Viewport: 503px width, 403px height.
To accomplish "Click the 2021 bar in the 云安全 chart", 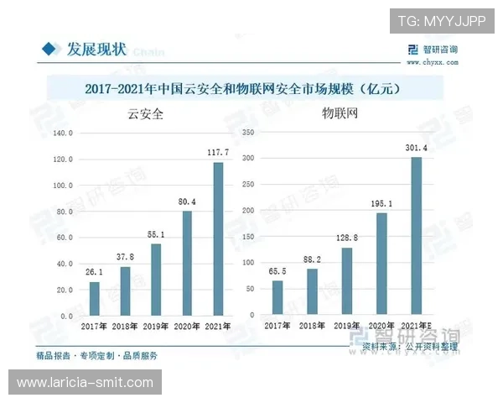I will (218, 239).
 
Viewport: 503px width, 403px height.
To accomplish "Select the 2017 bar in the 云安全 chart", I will (94, 298).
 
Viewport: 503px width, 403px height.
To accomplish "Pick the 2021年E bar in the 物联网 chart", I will (416, 236).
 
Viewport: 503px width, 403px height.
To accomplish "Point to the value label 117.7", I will (218, 152).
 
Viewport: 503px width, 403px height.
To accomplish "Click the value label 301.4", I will (416, 148).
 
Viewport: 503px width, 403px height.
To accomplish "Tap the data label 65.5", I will (277, 271).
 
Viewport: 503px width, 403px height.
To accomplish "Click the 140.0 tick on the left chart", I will (63, 133).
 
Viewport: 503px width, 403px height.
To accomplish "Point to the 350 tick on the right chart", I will (246, 133).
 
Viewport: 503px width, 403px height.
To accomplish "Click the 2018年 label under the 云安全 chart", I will (125, 325).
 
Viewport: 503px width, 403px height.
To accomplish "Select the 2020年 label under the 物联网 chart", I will (381, 325).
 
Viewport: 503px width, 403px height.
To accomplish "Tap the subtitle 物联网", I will (340, 115).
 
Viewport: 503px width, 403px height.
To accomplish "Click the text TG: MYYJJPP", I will (441, 21).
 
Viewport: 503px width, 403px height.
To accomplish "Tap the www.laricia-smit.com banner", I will (85, 383).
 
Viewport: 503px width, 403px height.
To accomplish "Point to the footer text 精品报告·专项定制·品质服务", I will (96, 356).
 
